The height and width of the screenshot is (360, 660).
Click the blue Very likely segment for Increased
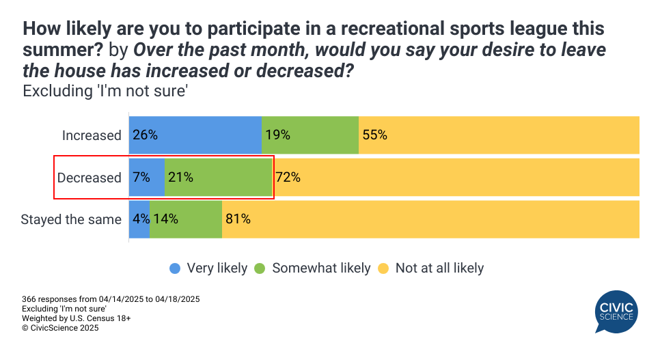[x=195, y=135]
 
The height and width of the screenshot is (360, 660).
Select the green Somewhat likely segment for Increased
[x=310, y=135]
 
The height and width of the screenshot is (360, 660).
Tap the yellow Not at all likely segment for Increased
[x=499, y=135]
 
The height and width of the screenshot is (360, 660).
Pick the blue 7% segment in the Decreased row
[x=147, y=178]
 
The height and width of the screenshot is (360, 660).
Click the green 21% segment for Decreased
[x=219, y=178]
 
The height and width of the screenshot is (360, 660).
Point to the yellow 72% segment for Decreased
[x=456, y=178]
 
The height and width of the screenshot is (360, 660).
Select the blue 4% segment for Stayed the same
[x=139, y=219]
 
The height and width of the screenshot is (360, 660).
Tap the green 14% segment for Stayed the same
[x=186, y=219]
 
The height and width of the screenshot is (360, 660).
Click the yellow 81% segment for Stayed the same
[x=430, y=219]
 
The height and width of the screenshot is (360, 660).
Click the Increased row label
[x=92, y=135]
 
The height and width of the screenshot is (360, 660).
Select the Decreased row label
[x=89, y=178]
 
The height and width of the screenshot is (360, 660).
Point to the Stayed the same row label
[x=71, y=219]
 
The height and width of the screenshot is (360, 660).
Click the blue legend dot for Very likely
[x=176, y=268]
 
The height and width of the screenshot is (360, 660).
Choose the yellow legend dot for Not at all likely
[x=383, y=268]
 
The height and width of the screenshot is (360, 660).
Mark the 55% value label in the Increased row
[x=374, y=135]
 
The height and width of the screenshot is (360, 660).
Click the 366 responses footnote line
[x=111, y=299]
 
